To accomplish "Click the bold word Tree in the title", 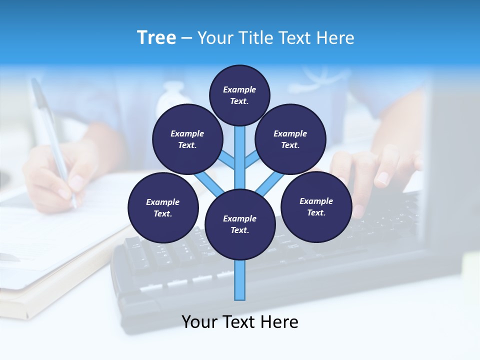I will (x=156, y=38).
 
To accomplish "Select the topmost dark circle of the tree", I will (x=239, y=95).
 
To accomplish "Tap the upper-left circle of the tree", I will (x=187, y=139).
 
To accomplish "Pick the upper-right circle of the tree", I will (x=290, y=139).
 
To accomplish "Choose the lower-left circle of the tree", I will (x=163, y=207).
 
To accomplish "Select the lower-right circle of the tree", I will (x=316, y=206).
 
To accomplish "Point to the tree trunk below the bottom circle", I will (x=240, y=280).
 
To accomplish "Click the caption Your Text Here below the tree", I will (x=240, y=322).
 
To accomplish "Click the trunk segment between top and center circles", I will (x=240, y=155).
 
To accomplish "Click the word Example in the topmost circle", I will (x=239, y=89).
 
